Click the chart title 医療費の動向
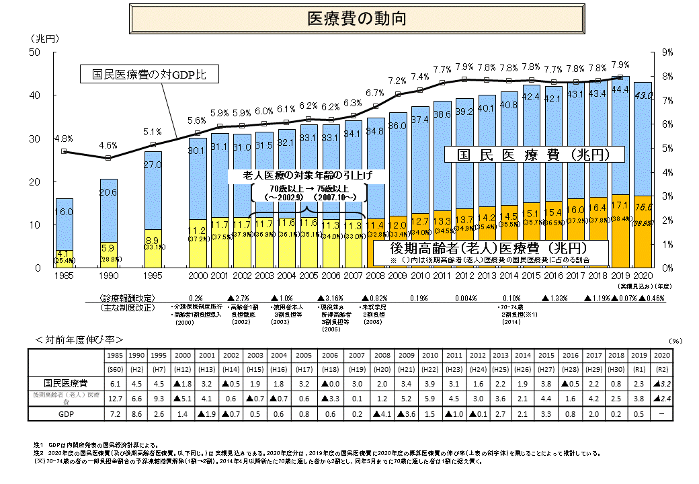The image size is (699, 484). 356,18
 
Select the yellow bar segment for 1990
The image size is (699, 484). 109,254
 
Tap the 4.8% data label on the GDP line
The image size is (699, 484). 65,138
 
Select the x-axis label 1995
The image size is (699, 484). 153,275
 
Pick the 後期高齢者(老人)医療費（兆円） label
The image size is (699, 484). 490,246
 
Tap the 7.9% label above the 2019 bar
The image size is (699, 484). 620,65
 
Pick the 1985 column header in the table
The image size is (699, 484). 115,354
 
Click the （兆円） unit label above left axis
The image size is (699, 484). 44,38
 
